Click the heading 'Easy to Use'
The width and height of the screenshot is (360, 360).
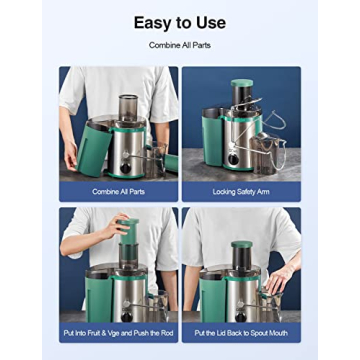pos(180,22)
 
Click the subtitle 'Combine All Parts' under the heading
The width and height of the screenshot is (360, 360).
pos(180,46)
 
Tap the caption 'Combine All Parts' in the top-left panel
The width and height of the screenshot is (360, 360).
pos(119,190)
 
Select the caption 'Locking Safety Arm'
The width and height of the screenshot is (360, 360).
pos(241,190)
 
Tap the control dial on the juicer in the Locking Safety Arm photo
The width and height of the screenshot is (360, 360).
pos(234,158)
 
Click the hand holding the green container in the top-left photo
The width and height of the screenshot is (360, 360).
pos(71,155)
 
